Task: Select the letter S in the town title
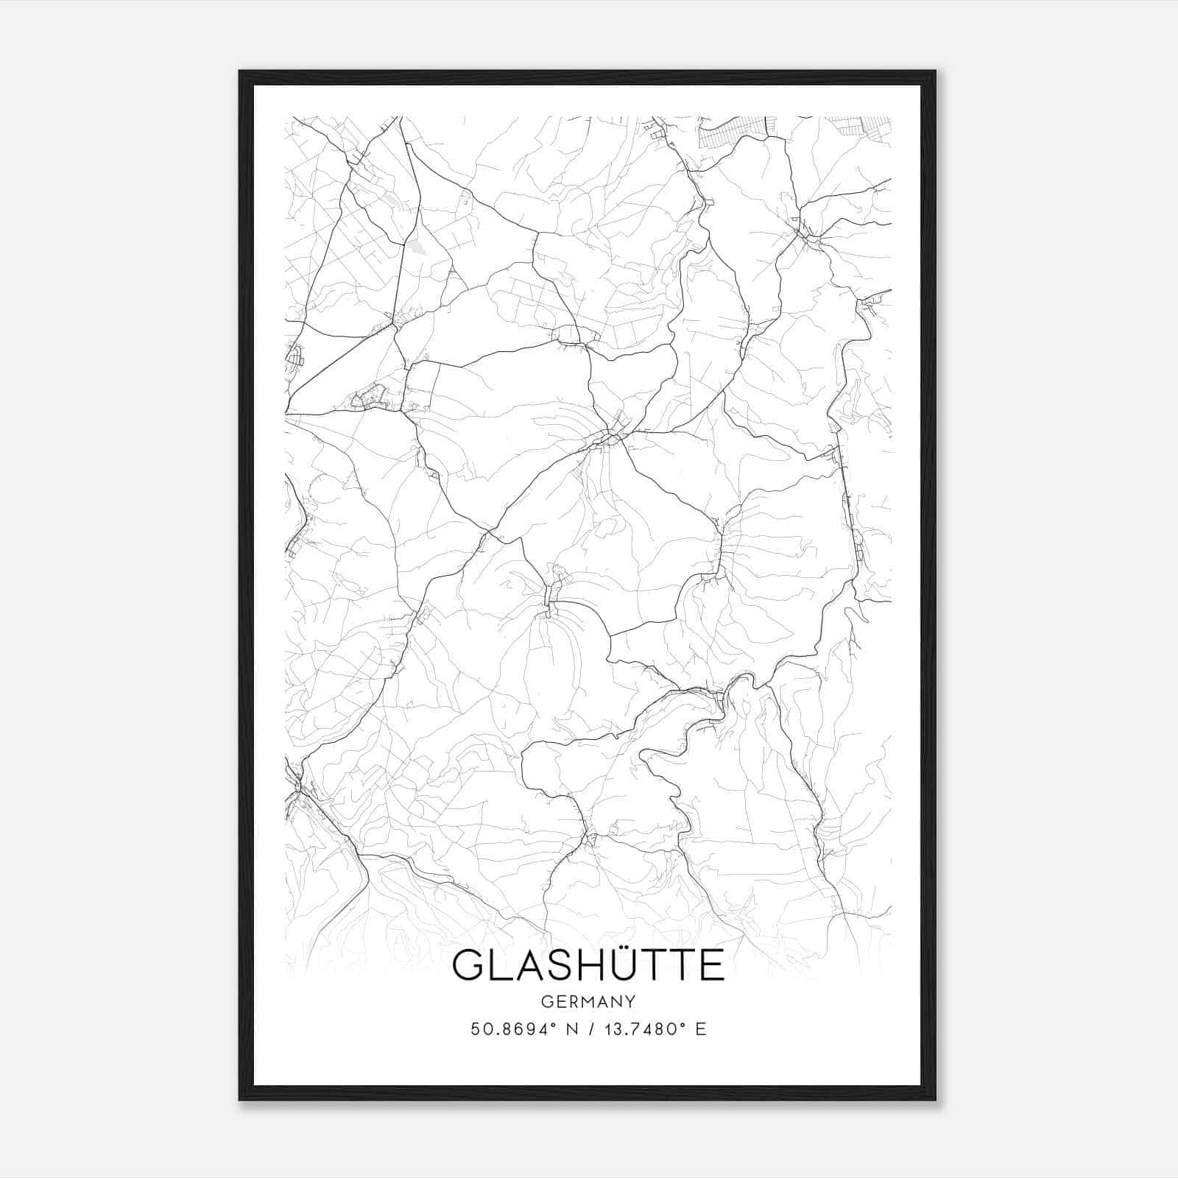pyautogui.click(x=547, y=965)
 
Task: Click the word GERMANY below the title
pyautogui.click(x=588, y=1002)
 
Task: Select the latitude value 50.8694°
pyautogui.click(x=512, y=1029)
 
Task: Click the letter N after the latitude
pyautogui.click(x=572, y=1029)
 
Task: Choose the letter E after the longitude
pyautogui.click(x=701, y=1029)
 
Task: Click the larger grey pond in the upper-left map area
pyautogui.click(x=417, y=248)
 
